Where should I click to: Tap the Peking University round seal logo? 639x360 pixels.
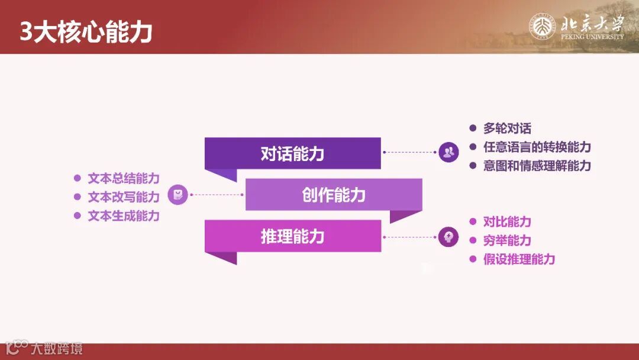541,26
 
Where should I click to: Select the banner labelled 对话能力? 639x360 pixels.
292,153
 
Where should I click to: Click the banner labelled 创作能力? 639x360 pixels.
334,195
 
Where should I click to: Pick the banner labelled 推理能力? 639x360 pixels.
292,236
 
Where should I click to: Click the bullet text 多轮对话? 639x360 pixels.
507,128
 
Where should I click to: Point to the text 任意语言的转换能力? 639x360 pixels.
537,147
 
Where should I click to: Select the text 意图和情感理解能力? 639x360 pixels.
537,166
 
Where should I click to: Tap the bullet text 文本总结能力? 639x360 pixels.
124,178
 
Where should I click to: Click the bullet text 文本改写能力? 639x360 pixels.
124,197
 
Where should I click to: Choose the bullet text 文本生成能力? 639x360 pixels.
124,216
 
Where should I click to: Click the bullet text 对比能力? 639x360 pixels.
507,222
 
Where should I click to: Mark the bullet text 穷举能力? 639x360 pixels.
507,240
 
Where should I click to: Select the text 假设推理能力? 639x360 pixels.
519,259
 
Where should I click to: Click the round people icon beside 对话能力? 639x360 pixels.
449,153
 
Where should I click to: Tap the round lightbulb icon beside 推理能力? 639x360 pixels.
449,237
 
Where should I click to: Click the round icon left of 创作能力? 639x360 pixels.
177,195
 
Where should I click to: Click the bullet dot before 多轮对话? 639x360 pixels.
473,128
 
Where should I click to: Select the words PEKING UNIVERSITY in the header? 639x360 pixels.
592,37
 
